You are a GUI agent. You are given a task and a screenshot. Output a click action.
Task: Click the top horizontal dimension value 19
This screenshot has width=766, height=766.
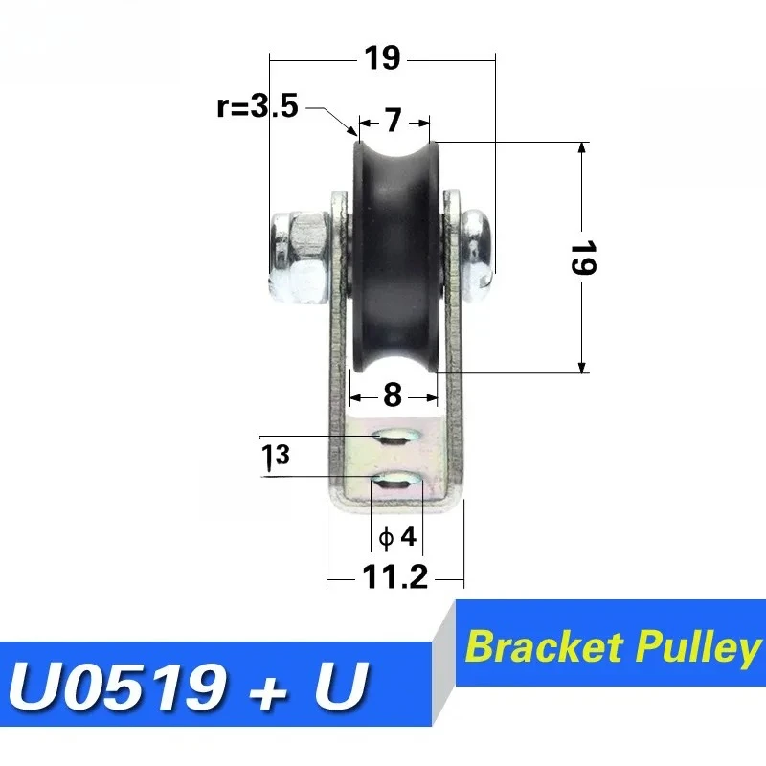tap(381, 58)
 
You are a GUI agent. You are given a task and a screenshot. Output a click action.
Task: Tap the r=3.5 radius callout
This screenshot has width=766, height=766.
tap(258, 106)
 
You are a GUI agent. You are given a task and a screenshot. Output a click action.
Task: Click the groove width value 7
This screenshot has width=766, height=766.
tap(394, 121)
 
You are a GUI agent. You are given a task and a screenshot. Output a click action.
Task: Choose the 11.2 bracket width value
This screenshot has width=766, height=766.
tap(394, 578)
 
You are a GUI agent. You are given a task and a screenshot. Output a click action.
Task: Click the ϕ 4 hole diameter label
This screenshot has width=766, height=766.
tap(397, 537)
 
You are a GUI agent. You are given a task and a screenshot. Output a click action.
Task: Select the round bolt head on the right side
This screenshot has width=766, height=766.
tap(477, 246)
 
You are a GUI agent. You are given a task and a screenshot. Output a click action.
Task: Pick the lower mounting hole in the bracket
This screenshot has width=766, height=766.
tap(394, 481)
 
